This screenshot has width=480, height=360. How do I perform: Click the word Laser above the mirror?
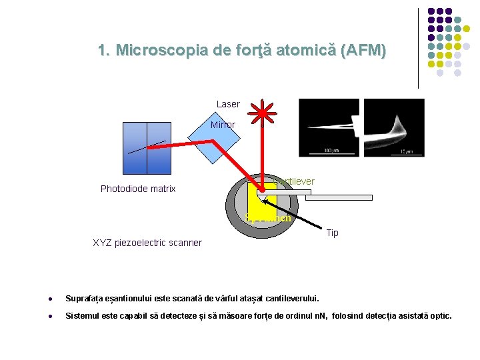pyautogui.click(x=227, y=104)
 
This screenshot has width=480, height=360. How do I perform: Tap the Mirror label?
pyautogui.click(x=223, y=125)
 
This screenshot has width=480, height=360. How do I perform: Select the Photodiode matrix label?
pyautogui.click(x=138, y=189)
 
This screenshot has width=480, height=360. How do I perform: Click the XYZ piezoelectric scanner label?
pyautogui.click(x=147, y=243)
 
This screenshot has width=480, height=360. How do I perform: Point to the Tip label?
pyautogui.click(x=332, y=233)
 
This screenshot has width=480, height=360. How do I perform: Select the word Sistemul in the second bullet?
pyautogui.click(x=84, y=315)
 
